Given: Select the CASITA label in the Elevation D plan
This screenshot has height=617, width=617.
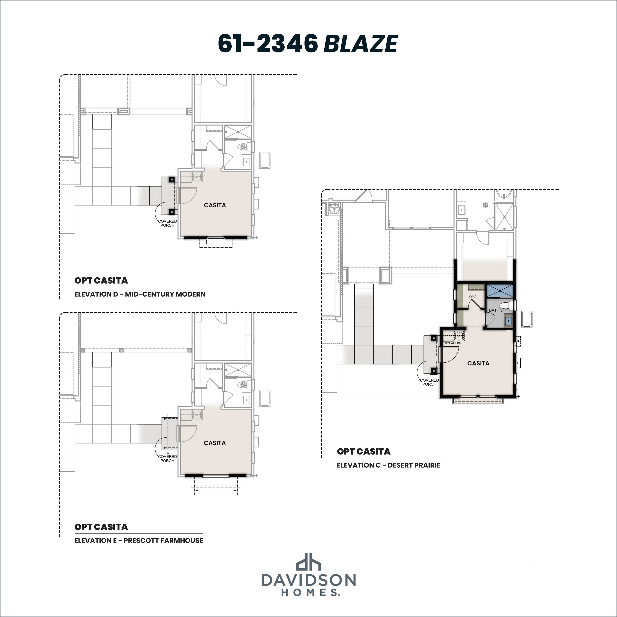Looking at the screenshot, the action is click(215, 205).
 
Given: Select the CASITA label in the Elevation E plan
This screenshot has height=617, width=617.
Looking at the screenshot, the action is click(215, 443).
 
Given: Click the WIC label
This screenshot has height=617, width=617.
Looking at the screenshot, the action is click(472, 296).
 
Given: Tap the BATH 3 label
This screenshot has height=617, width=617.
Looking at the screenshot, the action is click(496, 310).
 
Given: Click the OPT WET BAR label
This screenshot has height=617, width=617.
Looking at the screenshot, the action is click(453, 343).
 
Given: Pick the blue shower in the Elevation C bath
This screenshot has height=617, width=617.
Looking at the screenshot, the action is click(500, 291).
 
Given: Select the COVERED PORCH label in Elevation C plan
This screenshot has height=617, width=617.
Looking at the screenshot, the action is click(429, 382).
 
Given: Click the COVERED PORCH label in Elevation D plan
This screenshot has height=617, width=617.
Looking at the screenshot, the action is click(167, 223).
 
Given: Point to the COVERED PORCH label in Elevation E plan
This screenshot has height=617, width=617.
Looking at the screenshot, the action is click(167, 459).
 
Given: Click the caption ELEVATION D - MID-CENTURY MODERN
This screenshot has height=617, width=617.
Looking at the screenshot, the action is click(140, 294).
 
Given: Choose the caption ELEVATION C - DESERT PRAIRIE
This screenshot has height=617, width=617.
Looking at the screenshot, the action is click(388, 465).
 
